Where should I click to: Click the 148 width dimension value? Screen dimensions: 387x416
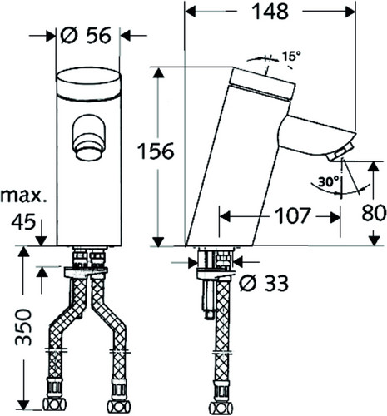point(270,12)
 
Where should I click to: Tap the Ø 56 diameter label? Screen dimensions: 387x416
point(86,36)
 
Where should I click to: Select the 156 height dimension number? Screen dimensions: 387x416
point(156,151)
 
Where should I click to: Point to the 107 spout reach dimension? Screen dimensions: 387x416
point(292,215)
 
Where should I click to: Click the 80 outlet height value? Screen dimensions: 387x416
point(374,213)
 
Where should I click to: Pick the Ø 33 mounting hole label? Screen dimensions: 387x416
point(264,283)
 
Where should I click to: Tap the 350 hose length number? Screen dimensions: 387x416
point(23,327)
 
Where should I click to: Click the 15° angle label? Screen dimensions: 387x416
point(292,57)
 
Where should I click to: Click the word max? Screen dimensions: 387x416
point(23,196)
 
